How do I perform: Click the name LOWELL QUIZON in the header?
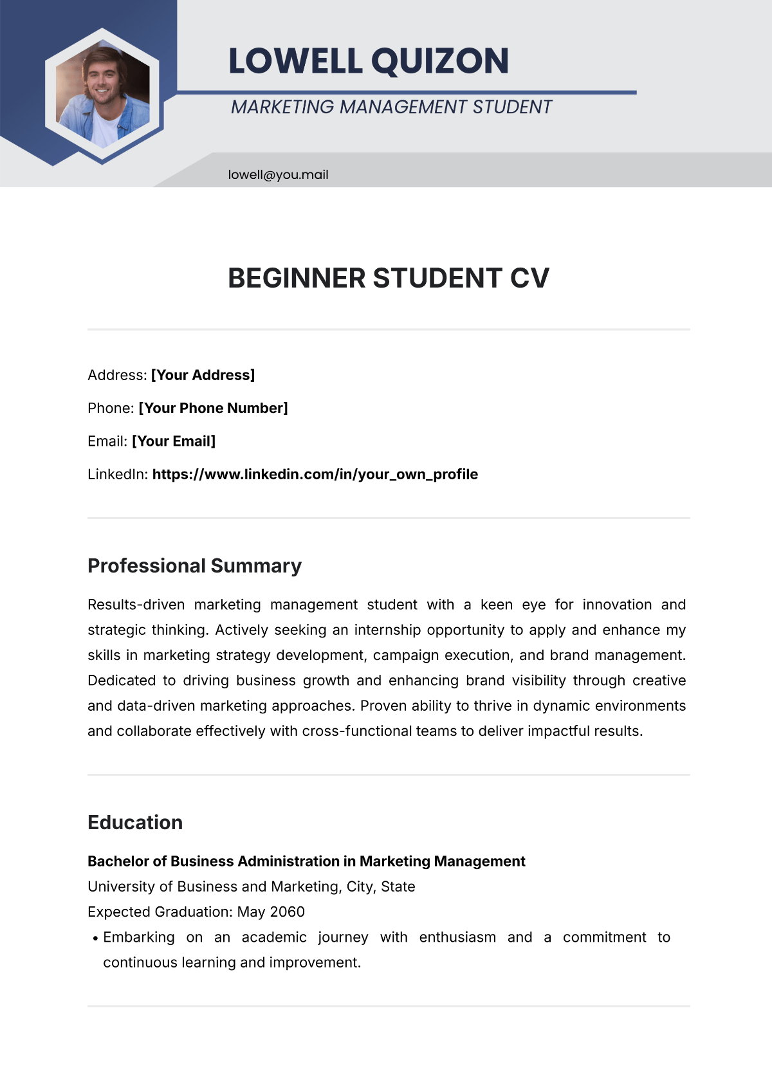[369, 61]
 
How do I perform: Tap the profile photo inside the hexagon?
[103, 94]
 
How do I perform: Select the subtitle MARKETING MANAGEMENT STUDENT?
[391, 107]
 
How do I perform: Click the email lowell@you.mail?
[278, 174]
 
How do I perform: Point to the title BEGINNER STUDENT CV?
[389, 278]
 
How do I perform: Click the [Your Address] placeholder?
[203, 375]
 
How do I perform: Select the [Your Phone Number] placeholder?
[213, 408]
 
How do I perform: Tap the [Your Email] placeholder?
[174, 441]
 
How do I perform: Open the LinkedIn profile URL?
[315, 475]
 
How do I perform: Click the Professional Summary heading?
[194, 565]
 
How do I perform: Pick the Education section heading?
[135, 822]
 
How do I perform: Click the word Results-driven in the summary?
[136, 605]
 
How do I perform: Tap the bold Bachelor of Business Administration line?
[306, 861]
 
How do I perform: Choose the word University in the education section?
[121, 886]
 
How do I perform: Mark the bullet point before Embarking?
[95, 939]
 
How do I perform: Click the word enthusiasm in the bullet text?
[457, 937]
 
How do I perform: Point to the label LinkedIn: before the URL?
[118, 475]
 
